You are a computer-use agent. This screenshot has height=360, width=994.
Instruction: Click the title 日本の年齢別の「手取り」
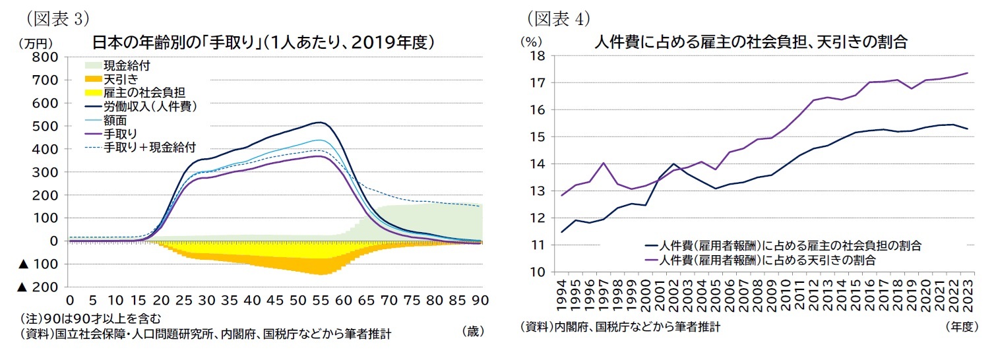(x=263, y=43)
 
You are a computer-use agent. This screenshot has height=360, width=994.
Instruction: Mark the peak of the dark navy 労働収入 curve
(x=319, y=122)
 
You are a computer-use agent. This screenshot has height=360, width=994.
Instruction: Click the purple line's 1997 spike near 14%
(x=604, y=163)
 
